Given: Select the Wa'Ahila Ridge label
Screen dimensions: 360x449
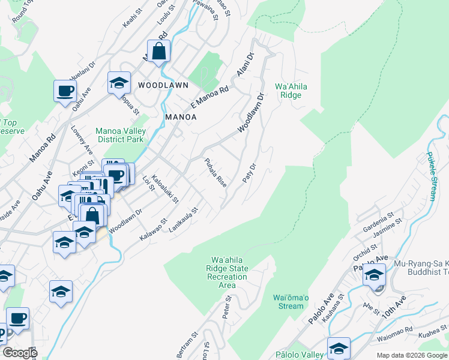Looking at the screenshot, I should coord(291,91).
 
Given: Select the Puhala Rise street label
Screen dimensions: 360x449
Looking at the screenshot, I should coord(214,173).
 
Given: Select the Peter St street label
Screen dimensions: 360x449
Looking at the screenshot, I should coord(226,311).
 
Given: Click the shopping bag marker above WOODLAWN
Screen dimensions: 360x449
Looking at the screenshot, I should coord(158,52).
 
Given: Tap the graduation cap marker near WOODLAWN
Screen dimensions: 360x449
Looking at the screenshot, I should coord(119,83).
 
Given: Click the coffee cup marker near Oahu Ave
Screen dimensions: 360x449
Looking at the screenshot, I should coord(65,91).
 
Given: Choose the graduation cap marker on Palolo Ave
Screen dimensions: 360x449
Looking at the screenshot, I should coord(374,274).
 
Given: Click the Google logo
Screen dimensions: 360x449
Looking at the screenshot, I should coord(19,353).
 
